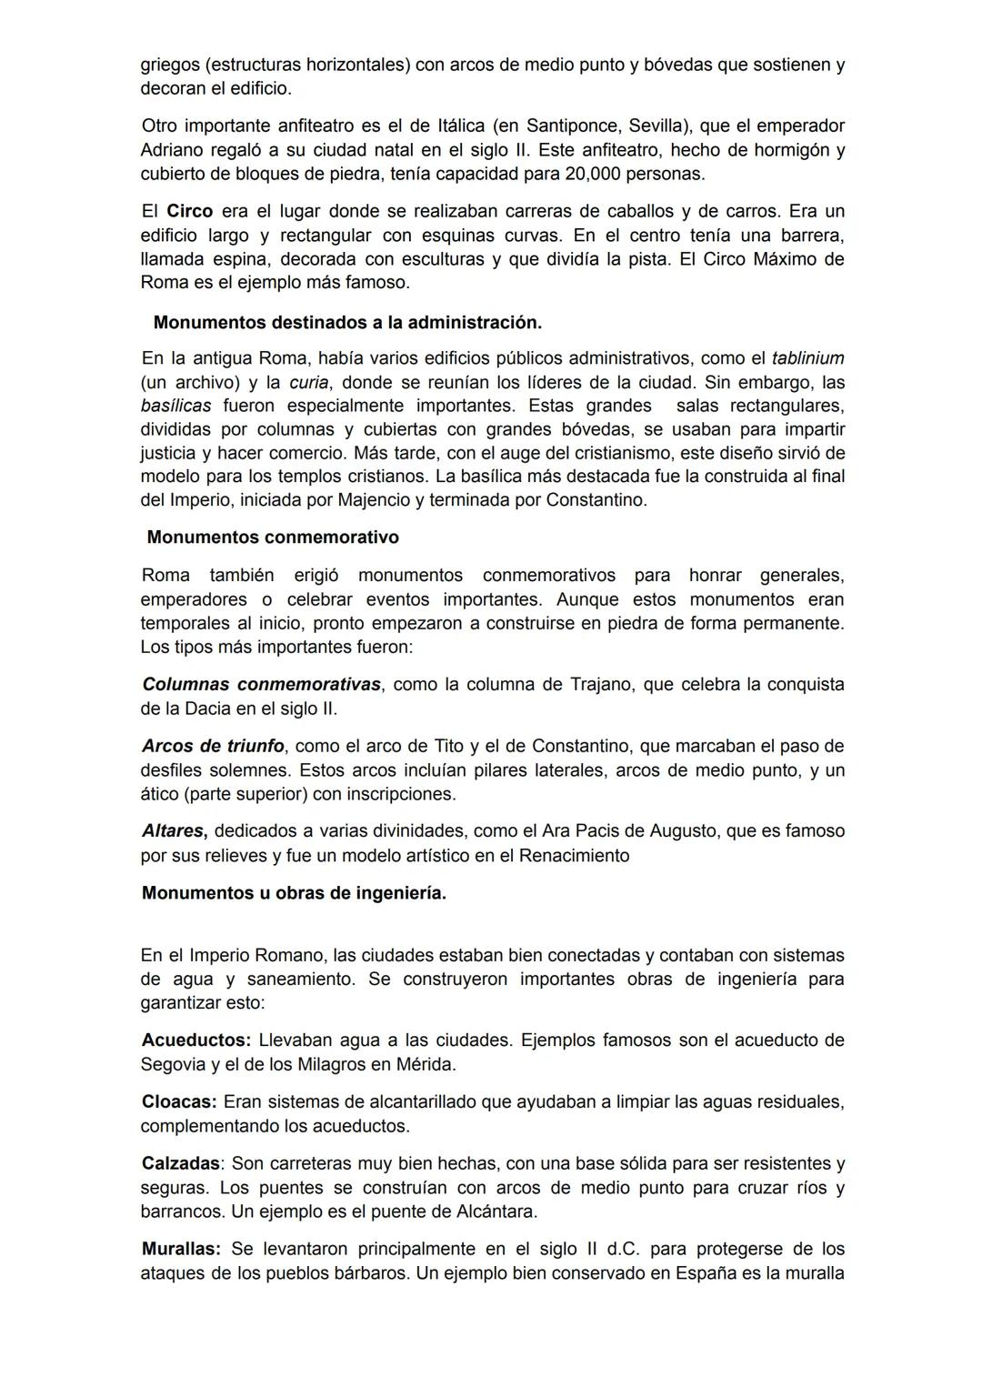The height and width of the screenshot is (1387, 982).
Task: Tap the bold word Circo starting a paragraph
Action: pyautogui.click(x=189, y=211)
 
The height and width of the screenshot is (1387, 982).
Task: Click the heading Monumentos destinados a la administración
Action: pyautogui.click(x=347, y=322)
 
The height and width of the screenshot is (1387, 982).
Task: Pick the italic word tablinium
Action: pyautogui.click(x=807, y=358)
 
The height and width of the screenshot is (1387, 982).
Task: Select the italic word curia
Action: pyautogui.click(x=308, y=382)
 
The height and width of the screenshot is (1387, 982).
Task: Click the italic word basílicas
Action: pyautogui.click(x=175, y=406)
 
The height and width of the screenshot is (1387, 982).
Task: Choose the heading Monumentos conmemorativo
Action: pyautogui.click(x=273, y=538)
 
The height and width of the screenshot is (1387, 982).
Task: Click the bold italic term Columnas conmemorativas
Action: pyautogui.click(x=262, y=684)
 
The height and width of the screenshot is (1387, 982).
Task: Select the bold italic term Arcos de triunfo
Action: pyautogui.click(x=213, y=746)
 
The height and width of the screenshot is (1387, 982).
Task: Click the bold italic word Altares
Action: pyautogui.click(x=175, y=830)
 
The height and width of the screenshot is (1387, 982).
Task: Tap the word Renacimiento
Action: pyautogui.click(x=574, y=855)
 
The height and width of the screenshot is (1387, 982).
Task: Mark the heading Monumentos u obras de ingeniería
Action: pyautogui.click(x=294, y=893)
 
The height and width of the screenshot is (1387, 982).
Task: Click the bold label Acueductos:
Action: pyautogui.click(x=195, y=1040)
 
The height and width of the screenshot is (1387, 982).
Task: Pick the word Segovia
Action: pyautogui.click(x=174, y=1064)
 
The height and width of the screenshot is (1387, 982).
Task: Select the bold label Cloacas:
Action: pyautogui.click(x=179, y=1101)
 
